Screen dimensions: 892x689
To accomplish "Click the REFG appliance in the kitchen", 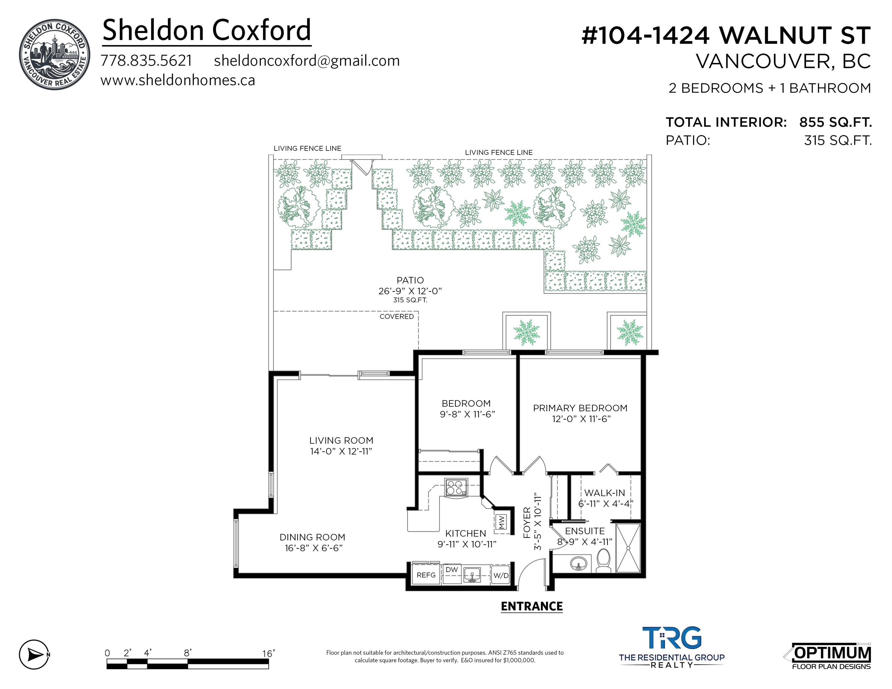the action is coord(426,575).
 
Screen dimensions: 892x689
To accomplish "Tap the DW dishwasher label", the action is coord(452,570).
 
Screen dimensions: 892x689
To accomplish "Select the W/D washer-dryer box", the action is coord(501,575).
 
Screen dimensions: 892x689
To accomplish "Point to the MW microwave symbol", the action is coord(502,521).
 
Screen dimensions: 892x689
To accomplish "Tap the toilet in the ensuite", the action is coord(603,561).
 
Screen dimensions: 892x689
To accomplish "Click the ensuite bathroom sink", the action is coord(578,564).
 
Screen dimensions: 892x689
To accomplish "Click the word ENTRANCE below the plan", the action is coord(532,606).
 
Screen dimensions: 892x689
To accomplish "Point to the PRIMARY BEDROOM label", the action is coord(580,408).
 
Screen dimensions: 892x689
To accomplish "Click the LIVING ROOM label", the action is coord(341,440).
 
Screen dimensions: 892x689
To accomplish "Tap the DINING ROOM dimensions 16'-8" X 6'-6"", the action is coord(314,548).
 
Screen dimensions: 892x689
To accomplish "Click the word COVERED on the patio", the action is coord(396,316).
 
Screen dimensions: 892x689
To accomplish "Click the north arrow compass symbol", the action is coord(34,655).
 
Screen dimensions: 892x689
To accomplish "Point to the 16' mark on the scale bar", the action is coord(268,653).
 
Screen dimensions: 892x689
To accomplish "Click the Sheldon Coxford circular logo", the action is coord(54,54).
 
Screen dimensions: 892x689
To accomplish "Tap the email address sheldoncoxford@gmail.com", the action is coord(307,61).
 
